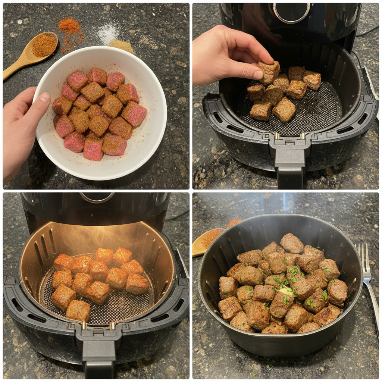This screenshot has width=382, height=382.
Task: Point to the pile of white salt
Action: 108,34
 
